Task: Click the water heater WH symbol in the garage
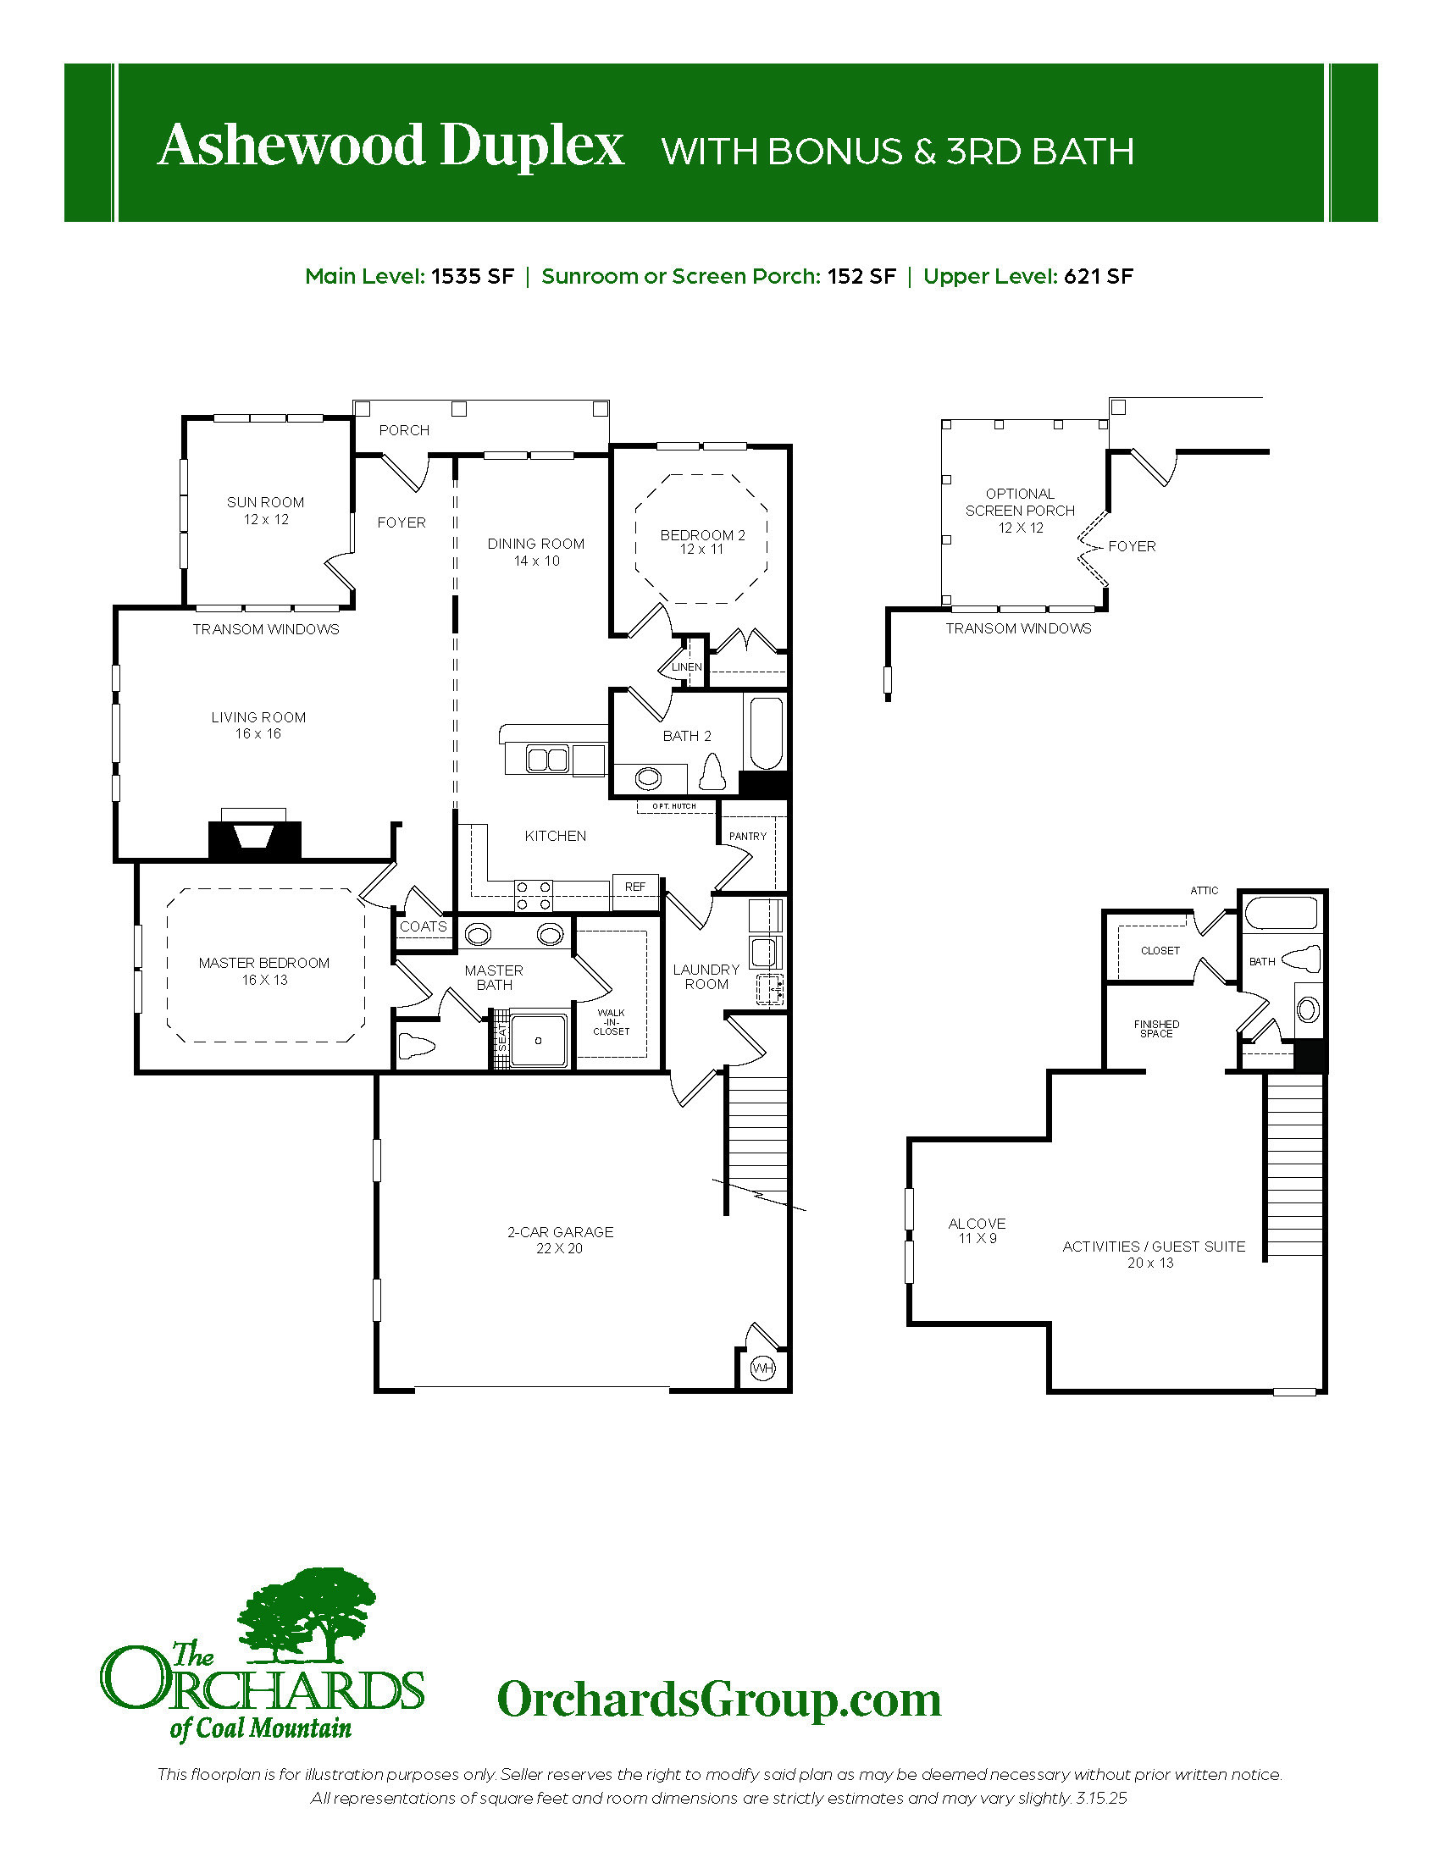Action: point(762,1368)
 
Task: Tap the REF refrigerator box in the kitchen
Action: point(635,887)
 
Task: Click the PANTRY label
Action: point(748,836)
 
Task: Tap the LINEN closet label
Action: point(687,667)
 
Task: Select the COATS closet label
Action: point(424,926)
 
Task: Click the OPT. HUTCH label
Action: point(674,806)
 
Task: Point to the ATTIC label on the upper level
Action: point(1205,891)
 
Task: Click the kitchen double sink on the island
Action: point(548,759)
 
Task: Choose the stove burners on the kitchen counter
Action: point(532,896)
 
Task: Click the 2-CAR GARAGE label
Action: point(561,1232)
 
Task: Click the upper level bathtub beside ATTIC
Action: point(1280,913)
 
